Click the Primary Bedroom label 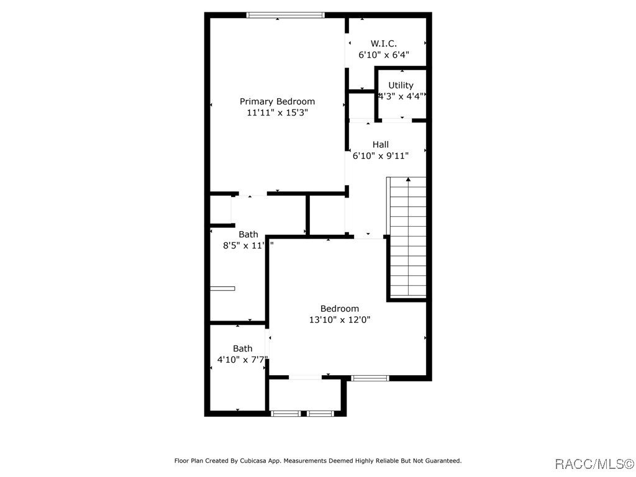[x=277, y=101]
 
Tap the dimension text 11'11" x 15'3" [x=277, y=112]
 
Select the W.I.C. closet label [x=383, y=43]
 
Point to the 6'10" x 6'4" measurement [x=383, y=55]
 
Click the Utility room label [x=401, y=85]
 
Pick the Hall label [x=380, y=145]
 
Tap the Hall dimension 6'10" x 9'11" [x=380, y=156]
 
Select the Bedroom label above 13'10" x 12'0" [x=339, y=309]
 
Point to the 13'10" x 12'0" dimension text [x=339, y=320]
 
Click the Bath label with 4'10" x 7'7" [x=243, y=348]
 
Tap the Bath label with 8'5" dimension [x=248, y=234]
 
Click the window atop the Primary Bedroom [x=286, y=15]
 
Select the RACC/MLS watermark [x=593, y=464]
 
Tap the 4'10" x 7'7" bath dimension [x=242, y=360]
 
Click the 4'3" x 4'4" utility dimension [x=401, y=96]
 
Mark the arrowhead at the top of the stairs [x=408, y=180]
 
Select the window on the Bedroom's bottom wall [x=370, y=378]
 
